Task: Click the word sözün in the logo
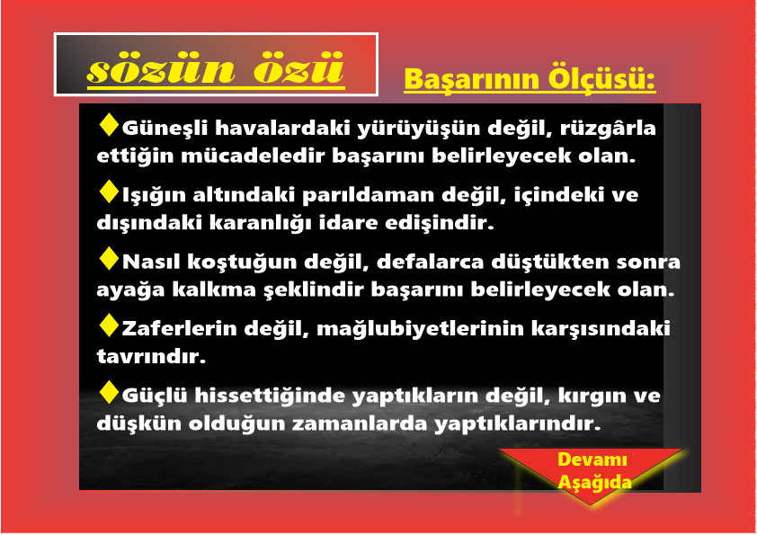click(x=161, y=69)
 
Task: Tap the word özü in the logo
click(x=299, y=67)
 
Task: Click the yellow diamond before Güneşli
click(x=109, y=125)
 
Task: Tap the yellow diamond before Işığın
click(x=109, y=192)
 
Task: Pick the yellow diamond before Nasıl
click(x=109, y=258)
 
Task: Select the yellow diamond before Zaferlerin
click(x=109, y=325)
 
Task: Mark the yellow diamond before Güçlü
click(x=109, y=392)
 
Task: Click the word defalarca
click(x=430, y=262)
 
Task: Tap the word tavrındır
click(x=151, y=356)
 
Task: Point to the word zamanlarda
click(x=360, y=424)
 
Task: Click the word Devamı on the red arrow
click(x=592, y=459)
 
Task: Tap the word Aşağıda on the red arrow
click(x=595, y=482)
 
